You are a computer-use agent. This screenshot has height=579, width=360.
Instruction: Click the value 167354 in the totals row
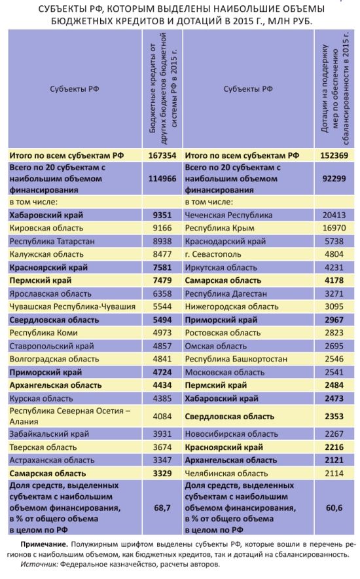click(162, 155)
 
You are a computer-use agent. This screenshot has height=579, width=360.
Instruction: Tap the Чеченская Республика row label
click(228, 215)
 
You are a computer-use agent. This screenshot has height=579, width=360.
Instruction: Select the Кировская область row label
click(46, 228)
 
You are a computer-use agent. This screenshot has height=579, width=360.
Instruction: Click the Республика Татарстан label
click(52, 241)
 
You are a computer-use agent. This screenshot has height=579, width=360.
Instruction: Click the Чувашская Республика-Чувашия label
click(72, 307)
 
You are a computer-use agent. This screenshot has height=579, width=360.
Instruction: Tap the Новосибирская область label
click(231, 434)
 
